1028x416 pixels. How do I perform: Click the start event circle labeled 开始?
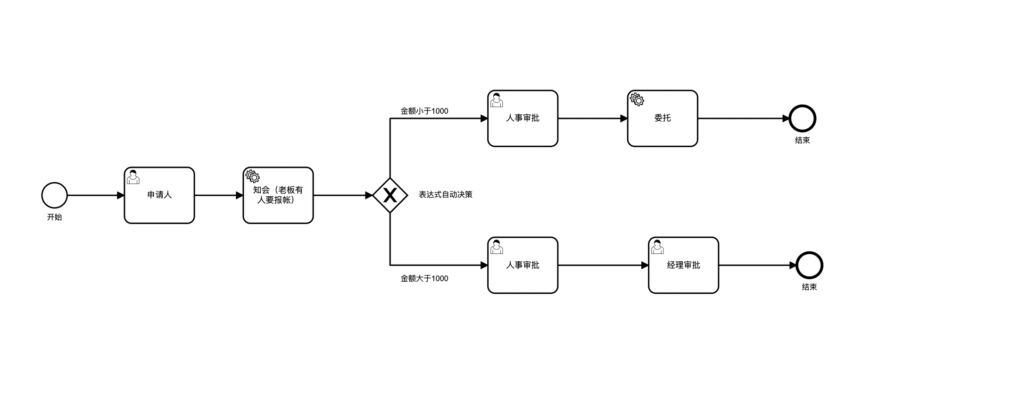pyautogui.click(x=55, y=195)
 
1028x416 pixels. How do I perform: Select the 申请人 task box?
pyautogui.click(x=159, y=195)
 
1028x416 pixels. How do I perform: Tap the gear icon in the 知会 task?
pyautogui.click(x=253, y=176)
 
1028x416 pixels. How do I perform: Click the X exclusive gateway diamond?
pyautogui.click(x=390, y=195)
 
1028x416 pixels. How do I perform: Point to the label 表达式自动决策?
pyautogui.click(x=446, y=194)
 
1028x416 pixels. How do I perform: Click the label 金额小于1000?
pyautogui.click(x=424, y=111)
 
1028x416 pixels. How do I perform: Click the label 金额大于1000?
pyautogui.click(x=424, y=278)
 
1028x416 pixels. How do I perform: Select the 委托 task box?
pyautogui.click(x=663, y=118)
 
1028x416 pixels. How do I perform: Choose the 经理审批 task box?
pyautogui.click(x=683, y=265)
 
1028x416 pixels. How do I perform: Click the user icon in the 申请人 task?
pyautogui.click(x=133, y=177)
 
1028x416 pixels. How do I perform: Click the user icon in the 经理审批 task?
pyautogui.click(x=657, y=247)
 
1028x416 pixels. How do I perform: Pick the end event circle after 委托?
pyautogui.click(x=803, y=118)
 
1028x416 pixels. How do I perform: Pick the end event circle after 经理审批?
pyautogui.click(x=810, y=265)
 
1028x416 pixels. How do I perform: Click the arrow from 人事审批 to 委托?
pyautogui.click(x=593, y=118)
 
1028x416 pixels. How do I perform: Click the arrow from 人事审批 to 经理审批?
pyautogui.click(x=603, y=265)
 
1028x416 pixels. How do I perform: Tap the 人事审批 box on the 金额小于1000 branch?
pyautogui.click(x=523, y=118)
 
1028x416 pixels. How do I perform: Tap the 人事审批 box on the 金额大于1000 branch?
pyautogui.click(x=523, y=265)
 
